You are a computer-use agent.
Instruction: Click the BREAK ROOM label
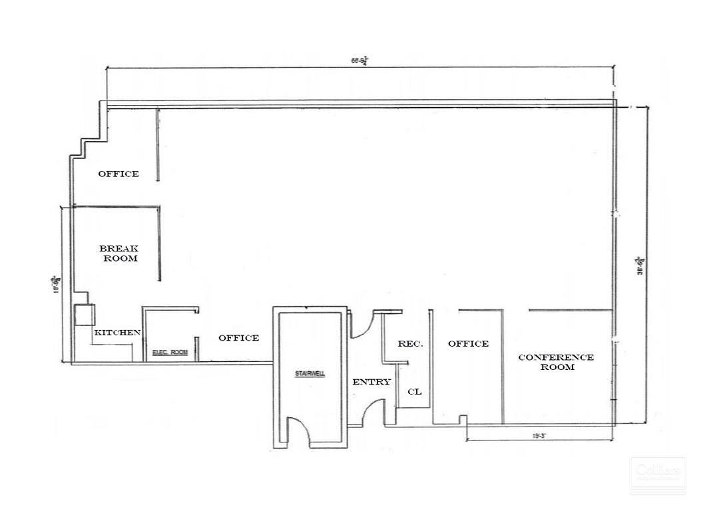119,253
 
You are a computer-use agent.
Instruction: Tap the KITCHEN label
117,332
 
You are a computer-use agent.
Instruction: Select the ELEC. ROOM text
170,352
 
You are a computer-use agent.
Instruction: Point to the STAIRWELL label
310,374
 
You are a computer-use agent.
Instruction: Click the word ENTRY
371,382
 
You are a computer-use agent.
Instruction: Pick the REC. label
410,344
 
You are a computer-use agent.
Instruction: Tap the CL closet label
414,392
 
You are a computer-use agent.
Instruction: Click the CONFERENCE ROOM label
556,362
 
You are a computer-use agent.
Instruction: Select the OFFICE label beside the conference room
468,344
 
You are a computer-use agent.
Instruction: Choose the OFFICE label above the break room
118,174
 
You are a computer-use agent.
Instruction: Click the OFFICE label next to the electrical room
238,338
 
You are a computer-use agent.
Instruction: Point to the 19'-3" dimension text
539,436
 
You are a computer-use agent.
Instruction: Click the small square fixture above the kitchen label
85,315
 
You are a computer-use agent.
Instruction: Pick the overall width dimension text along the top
359,61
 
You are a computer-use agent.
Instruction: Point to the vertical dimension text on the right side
640,265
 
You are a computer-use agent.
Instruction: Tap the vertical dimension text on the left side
58,284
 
